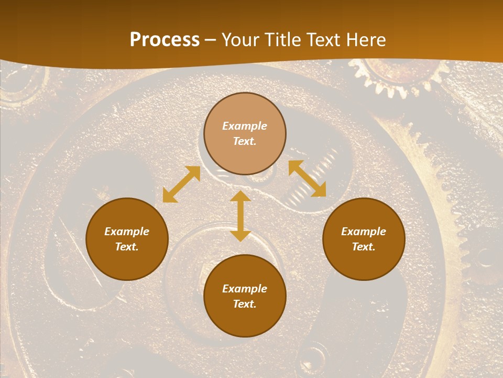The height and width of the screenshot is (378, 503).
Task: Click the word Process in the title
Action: click(x=165, y=40)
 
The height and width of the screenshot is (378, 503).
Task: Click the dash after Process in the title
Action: click(x=211, y=40)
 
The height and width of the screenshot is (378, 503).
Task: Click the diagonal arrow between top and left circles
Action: click(x=181, y=184)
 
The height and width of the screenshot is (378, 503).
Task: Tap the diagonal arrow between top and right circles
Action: click(x=307, y=178)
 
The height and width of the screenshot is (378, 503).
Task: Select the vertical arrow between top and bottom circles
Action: click(x=240, y=216)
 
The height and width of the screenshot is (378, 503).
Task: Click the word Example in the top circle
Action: click(x=245, y=126)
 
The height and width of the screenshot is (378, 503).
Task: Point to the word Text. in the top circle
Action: click(x=245, y=141)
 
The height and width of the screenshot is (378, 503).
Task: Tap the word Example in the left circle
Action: click(x=127, y=232)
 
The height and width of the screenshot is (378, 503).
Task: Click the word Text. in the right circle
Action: click(x=364, y=247)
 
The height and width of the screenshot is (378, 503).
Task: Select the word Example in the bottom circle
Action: click(x=245, y=289)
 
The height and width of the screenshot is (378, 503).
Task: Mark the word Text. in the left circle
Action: click(x=127, y=247)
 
